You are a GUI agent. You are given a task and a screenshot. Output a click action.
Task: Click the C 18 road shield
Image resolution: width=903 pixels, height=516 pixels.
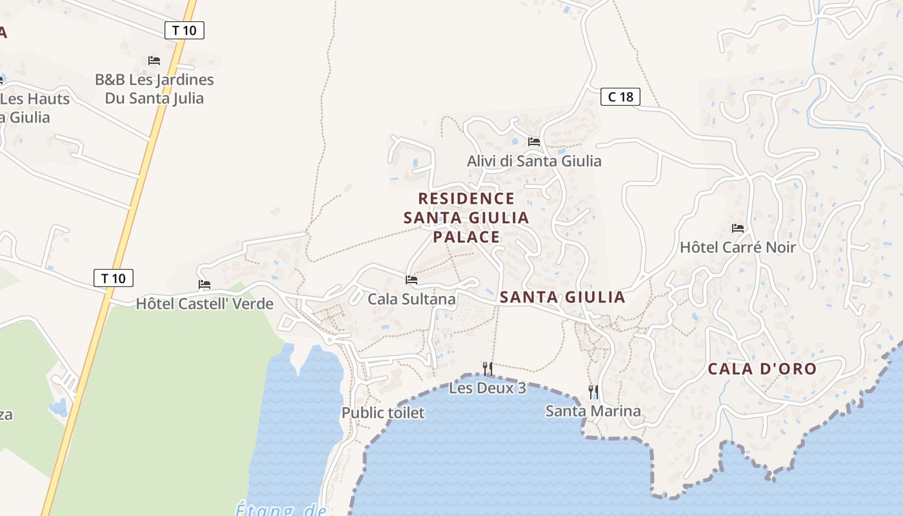(x=620, y=97)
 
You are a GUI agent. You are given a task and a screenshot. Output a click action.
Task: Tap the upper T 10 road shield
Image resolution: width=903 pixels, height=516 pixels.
(x=184, y=30)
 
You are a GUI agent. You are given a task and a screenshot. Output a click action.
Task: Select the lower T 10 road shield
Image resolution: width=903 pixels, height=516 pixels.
(x=114, y=278)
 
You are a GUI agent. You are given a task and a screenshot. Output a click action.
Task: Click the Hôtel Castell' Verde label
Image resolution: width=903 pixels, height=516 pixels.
(x=204, y=304)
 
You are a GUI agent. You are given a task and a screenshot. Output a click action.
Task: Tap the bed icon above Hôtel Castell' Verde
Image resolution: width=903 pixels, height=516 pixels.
(x=204, y=284)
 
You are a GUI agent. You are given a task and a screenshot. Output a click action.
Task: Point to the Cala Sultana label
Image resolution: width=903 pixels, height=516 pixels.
(x=412, y=299)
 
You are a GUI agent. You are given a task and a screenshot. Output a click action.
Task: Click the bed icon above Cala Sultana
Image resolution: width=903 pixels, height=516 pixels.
(x=412, y=280)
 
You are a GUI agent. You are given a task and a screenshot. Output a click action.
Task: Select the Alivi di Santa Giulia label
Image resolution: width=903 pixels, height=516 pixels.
(x=534, y=161)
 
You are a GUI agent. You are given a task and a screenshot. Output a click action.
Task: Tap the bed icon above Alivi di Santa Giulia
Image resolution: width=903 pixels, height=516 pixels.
(x=533, y=141)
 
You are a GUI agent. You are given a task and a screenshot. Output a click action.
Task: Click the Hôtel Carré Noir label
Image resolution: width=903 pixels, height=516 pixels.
(x=738, y=248)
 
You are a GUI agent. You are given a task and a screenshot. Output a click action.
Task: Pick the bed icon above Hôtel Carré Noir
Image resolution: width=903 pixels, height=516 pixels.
(x=738, y=228)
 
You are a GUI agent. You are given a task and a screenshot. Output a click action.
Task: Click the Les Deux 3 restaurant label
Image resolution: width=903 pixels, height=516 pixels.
(x=488, y=388)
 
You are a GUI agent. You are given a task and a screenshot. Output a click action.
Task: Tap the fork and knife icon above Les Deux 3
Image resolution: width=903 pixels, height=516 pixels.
(x=488, y=368)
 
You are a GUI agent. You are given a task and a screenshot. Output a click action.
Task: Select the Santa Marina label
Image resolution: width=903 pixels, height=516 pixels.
(x=593, y=411)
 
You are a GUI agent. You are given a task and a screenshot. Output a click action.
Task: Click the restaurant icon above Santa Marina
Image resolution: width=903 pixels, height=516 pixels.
(x=593, y=391)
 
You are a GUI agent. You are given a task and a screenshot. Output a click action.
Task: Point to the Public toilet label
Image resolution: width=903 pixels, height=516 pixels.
(x=383, y=413)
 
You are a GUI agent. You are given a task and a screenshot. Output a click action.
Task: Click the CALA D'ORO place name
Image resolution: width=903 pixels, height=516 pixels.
(x=762, y=369)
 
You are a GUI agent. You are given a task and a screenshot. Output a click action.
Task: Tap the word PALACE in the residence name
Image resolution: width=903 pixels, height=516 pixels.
(x=466, y=237)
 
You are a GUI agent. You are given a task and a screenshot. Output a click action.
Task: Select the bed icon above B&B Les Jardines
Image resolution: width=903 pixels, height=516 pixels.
(x=154, y=60)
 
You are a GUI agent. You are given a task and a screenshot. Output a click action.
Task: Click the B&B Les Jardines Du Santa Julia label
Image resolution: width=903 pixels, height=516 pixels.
(x=154, y=89)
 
